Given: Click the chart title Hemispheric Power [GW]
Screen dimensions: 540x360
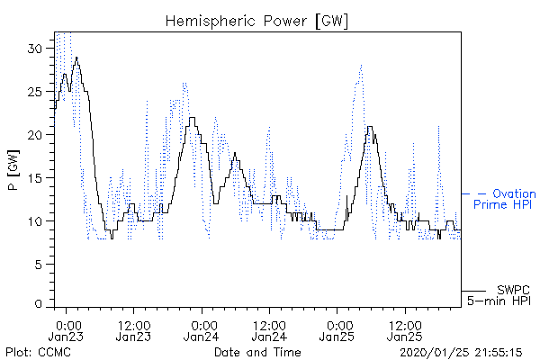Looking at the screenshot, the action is (256, 21).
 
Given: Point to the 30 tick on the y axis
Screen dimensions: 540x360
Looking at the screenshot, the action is (35, 49).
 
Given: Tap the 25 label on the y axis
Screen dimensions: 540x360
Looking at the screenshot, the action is (35, 92).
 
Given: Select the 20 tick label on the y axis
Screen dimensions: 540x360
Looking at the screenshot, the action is (35, 135).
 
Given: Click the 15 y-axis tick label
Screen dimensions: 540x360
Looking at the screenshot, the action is (36, 178).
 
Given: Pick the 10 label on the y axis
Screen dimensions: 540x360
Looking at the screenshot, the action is (36, 221).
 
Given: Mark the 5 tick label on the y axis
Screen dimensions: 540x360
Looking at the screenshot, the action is (39, 265).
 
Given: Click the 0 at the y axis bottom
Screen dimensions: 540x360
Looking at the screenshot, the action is (39, 304).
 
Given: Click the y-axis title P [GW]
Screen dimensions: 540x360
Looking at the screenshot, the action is (13, 169).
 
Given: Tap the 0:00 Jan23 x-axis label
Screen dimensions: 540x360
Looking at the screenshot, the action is (66, 330).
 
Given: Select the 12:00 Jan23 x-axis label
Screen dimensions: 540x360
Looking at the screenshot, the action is (133, 330).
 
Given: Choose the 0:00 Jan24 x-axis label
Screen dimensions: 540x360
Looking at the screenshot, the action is (201, 330).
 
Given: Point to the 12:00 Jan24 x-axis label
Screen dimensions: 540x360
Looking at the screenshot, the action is (269, 330).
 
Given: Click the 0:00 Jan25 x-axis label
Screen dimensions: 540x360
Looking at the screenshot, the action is (337, 330).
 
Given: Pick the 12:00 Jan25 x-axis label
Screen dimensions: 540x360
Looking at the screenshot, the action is (405, 330).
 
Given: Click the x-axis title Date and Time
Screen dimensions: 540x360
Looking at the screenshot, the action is (257, 352).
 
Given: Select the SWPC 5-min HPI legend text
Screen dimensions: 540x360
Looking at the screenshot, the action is (499, 295).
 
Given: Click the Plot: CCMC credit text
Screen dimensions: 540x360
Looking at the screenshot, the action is (38, 352).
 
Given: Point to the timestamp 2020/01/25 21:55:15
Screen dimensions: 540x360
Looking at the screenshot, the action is (461, 353).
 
